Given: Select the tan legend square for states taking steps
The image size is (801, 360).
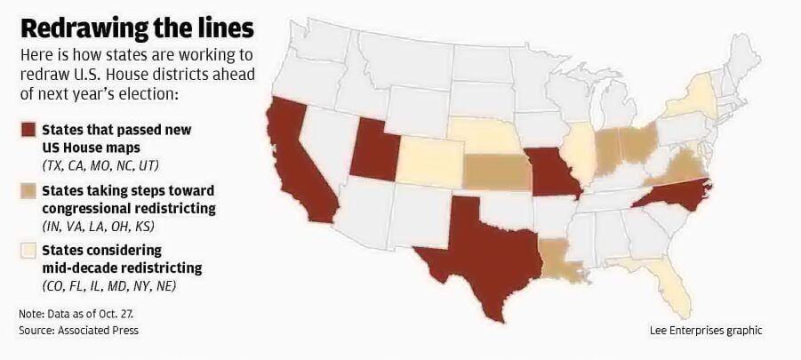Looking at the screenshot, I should pos(27,191).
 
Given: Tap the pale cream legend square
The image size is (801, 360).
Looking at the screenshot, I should pos(27,252).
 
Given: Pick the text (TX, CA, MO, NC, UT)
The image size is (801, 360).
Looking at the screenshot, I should pos(99,165).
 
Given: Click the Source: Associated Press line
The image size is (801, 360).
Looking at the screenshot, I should pos(79,331).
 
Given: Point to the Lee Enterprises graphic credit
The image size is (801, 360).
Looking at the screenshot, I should pos(705,331).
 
